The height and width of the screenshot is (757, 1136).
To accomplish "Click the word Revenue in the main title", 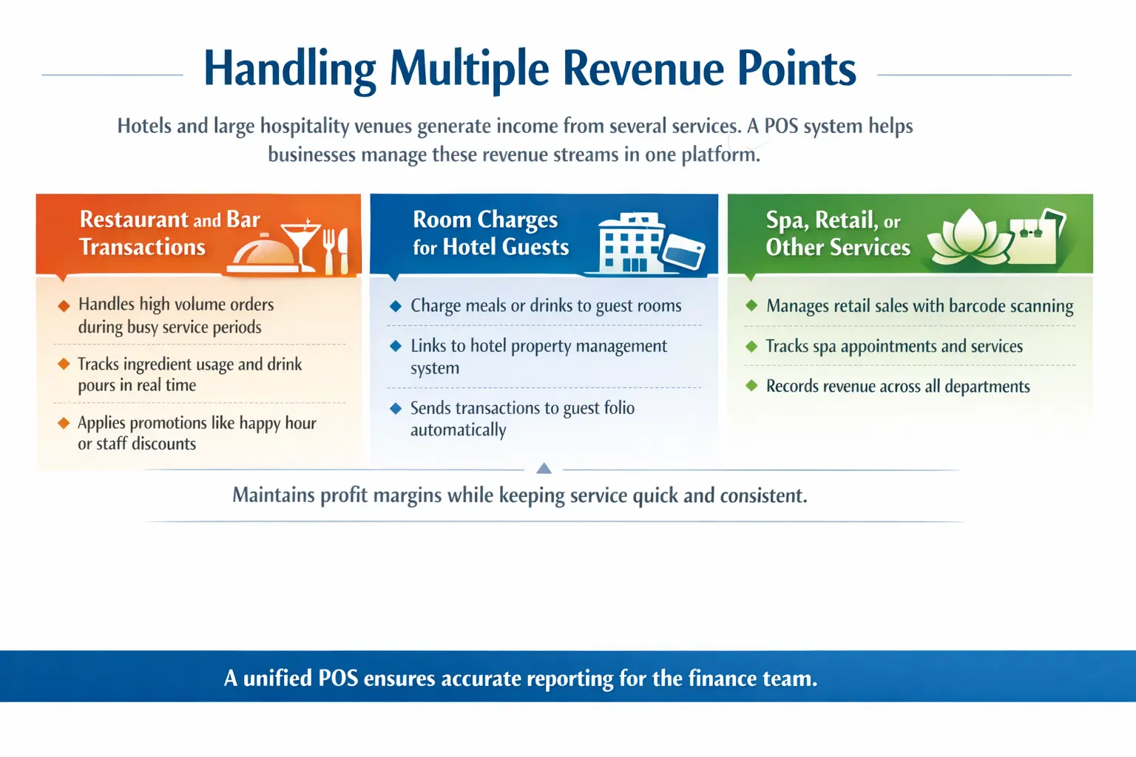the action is [643, 69].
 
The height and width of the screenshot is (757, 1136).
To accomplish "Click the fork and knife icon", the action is [336, 251].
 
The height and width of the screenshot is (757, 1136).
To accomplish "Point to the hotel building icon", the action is [630, 243].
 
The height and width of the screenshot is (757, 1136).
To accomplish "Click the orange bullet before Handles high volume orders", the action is [64, 306].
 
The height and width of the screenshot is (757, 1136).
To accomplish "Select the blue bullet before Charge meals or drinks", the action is [396, 306].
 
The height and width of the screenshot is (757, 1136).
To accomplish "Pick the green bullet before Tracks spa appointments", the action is [751, 346].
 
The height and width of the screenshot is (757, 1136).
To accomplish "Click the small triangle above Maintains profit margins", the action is [544, 468].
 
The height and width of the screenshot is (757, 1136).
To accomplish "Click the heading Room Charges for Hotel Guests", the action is [490, 233].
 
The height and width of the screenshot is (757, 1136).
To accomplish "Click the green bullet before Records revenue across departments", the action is [751, 386].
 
